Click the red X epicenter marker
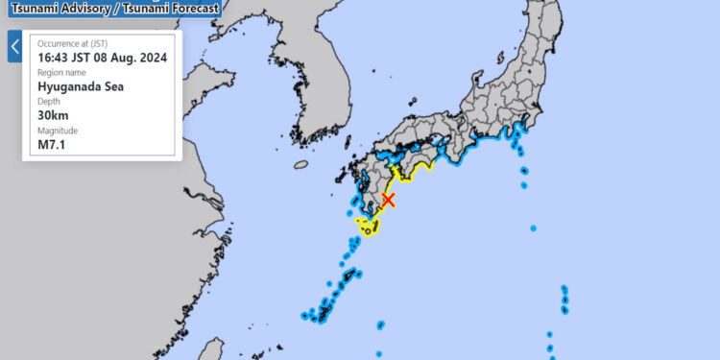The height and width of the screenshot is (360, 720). [388, 200]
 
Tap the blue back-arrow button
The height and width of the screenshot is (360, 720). [14, 46]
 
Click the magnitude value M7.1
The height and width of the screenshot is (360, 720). [51, 145]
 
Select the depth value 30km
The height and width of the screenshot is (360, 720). [53, 114]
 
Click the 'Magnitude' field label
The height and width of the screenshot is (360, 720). [57, 131]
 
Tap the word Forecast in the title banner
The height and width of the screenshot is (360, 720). [189, 9]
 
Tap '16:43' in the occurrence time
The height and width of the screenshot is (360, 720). [54, 58]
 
